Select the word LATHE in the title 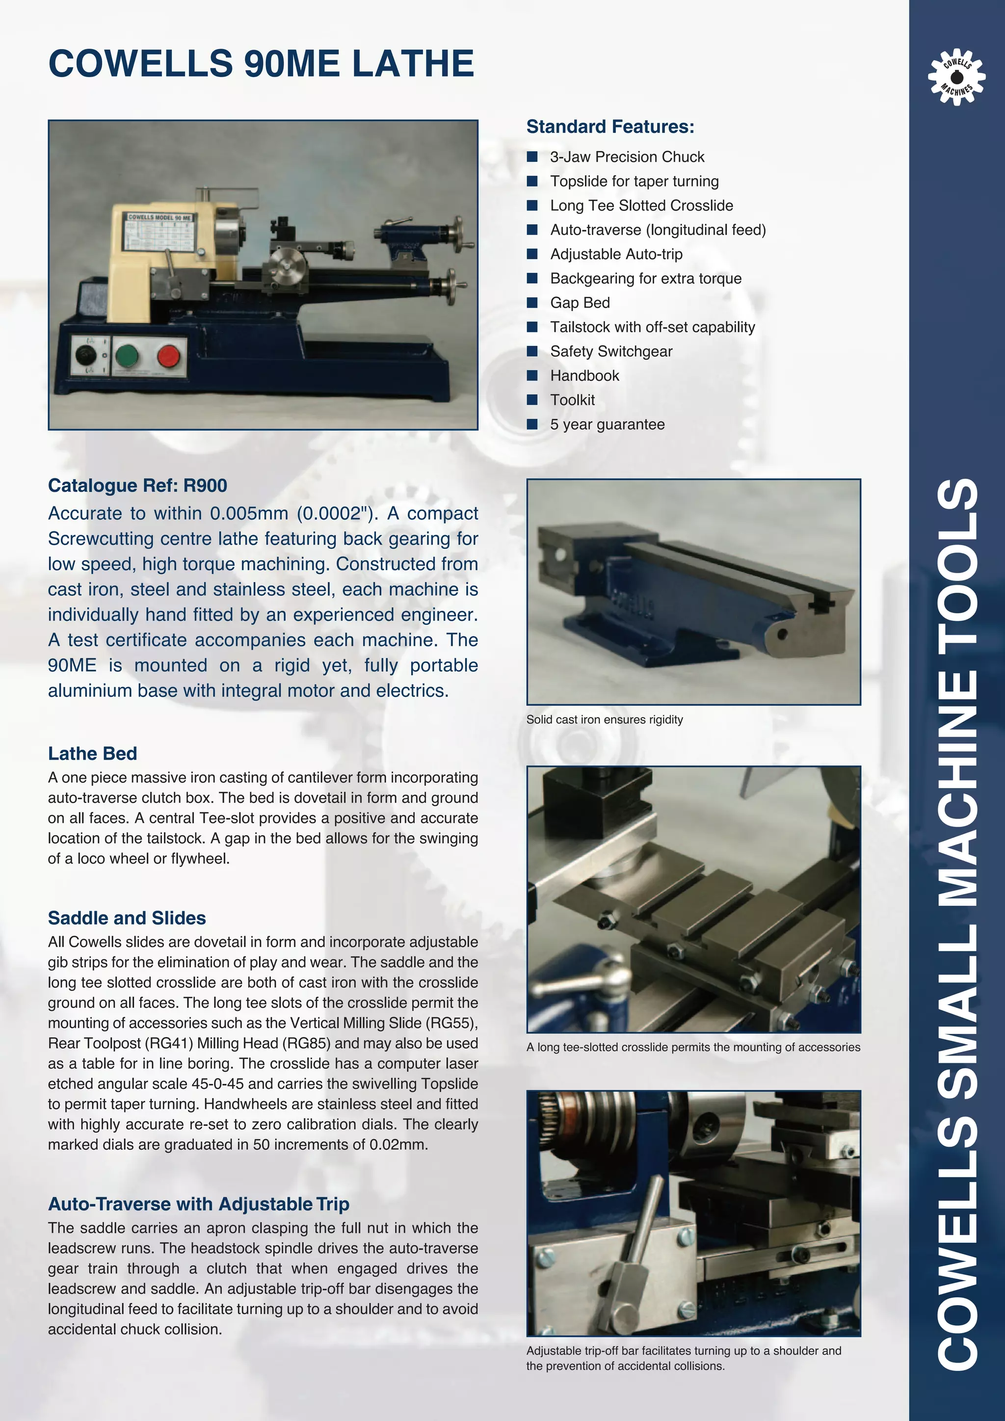pyautogui.click(x=413, y=64)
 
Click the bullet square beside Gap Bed pyautogui.click(x=531, y=303)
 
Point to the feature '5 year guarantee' pyautogui.click(x=607, y=424)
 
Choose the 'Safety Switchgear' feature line pyautogui.click(x=611, y=351)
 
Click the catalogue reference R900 pyautogui.click(x=206, y=486)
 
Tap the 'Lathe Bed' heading pyautogui.click(x=92, y=753)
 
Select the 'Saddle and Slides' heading pyautogui.click(x=127, y=918)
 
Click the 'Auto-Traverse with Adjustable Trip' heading pyautogui.click(x=199, y=1204)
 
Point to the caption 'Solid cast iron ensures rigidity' pyautogui.click(x=604, y=720)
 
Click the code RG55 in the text pyautogui.click(x=455, y=1023)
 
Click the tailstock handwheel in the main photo pyautogui.click(x=458, y=232)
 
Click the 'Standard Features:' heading pyautogui.click(x=609, y=127)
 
